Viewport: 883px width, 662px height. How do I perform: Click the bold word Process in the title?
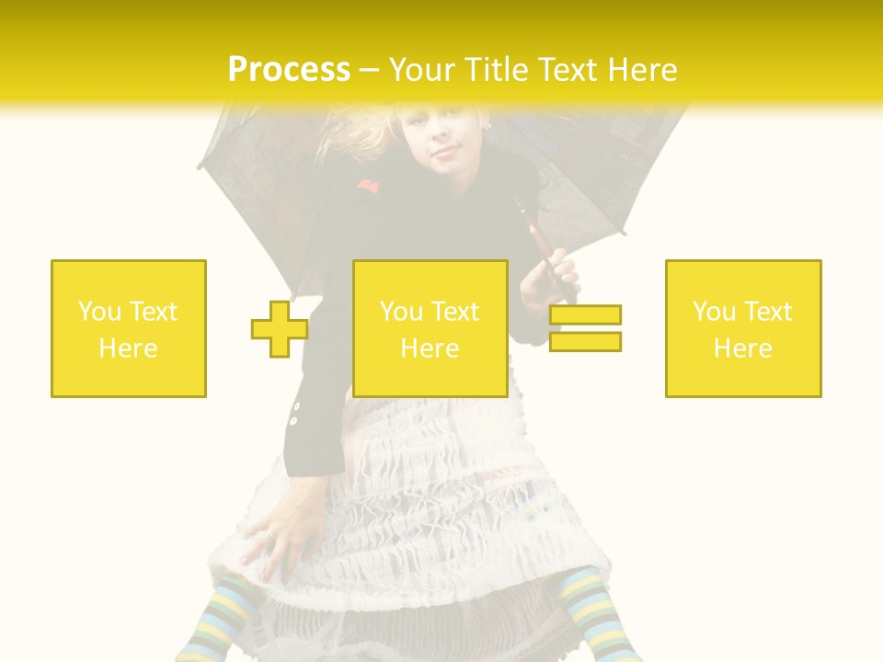tap(289, 70)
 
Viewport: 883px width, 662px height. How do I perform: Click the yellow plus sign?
tap(280, 328)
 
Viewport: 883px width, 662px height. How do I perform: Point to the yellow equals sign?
tap(585, 328)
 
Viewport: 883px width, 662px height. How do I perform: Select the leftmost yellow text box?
tap(129, 328)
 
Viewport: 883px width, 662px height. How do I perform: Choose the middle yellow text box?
tap(430, 328)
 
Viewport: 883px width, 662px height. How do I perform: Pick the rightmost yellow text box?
tap(743, 328)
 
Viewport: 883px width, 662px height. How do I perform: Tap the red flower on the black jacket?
tap(367, 188)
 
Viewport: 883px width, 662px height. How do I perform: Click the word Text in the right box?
tap(767, 312)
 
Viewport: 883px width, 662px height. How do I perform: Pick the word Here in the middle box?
tap(430, 348)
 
